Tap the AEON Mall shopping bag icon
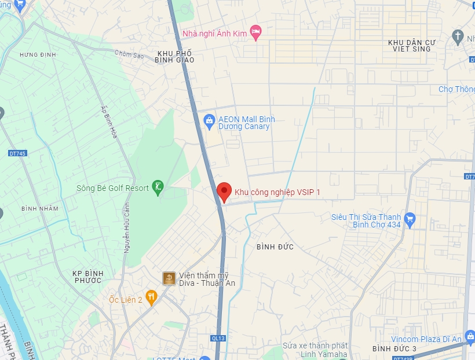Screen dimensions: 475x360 210,120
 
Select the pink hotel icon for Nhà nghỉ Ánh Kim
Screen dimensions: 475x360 255,30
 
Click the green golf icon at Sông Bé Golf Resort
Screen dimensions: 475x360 158,187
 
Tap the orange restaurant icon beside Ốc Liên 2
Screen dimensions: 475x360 151,298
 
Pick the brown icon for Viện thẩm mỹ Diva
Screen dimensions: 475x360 169,278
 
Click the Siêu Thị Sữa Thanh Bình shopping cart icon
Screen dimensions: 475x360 410,218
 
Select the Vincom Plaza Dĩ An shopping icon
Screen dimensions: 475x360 470,336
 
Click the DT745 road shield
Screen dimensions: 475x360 18,153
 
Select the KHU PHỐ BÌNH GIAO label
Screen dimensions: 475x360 174,56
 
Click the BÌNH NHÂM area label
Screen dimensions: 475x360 38,208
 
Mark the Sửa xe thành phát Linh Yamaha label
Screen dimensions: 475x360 315,350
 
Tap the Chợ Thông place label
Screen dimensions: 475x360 457,89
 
